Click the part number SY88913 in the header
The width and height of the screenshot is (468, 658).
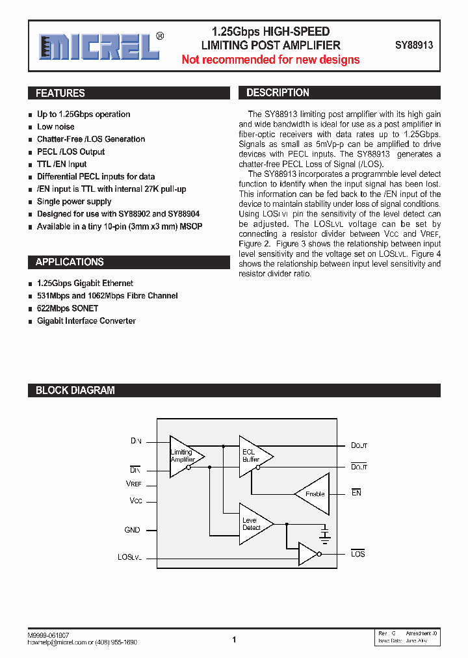pyautogui.click(x=414, y=46)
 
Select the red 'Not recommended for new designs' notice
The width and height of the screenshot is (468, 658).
pyautogui.click(x=270, y=60)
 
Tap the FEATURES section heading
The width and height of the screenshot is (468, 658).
pyautogui.click(x=60, y=93)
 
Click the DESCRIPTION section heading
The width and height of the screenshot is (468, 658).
pyautogui.click(x=278, y=92)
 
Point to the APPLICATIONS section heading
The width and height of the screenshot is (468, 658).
pyautogui.click(x=70, y=262)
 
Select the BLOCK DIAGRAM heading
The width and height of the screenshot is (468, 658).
pyautogui.click(x=75, y=390)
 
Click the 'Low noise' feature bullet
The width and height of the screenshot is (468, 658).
pyautogui.click(x=55, y=127)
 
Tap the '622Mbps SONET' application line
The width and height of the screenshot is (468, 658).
pyautogui.click(x=68, y=308)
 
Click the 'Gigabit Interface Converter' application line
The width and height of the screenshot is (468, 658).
pyautogui.click(x=86, y=321)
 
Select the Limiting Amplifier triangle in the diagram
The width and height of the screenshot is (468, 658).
pyautogui.click(x=185, y=456)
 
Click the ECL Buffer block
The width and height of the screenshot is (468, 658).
pyautogui.click(x=252, y=455)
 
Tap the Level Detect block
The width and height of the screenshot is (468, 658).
pyautogui.click(x=253, y=523)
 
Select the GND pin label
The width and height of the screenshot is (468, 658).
pyautogui.click(x=132, y=530)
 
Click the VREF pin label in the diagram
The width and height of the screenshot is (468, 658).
pyautogui.click(x=133, y=484)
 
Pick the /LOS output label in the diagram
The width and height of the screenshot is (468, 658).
pyautogui.click(x=358, y=553)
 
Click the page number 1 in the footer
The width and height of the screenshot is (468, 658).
pyautogui.click(x=234, y=640)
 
